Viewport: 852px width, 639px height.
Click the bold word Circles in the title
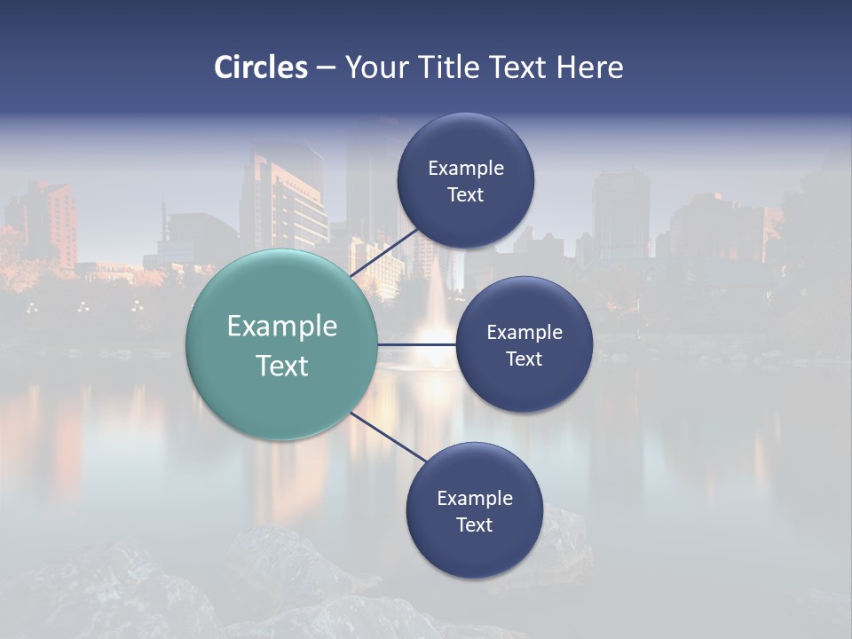261,67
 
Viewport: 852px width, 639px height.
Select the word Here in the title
589,67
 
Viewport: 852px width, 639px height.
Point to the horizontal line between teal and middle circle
416,344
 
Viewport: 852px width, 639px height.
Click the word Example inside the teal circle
281,327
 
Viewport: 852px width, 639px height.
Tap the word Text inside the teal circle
281,366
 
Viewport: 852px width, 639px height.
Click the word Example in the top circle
466,169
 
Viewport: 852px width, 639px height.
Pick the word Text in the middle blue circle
524,359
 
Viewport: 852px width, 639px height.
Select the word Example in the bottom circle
474,498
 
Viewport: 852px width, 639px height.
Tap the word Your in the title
375,67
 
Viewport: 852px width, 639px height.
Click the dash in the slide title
325,68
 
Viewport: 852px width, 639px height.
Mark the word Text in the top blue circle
465,195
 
